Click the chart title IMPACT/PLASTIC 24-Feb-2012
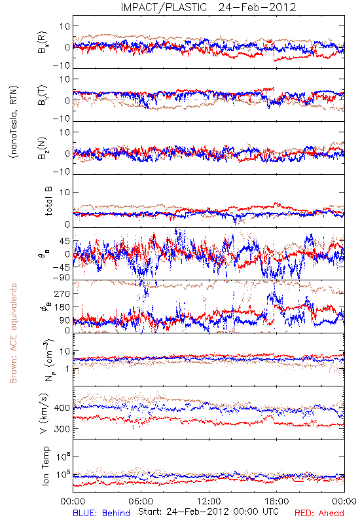click(208, 7)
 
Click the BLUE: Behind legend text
click(101, 513)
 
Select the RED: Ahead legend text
click(319, 513)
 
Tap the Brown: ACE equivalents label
click(13, 333)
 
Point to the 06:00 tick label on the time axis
click(141, 501)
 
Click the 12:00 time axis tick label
click(209, 501)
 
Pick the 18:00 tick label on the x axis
click(277, 501)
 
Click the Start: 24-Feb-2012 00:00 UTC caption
click(208, 512)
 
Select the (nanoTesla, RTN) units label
click(14, 122)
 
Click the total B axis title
click(48, 201)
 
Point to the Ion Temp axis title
click(45, 466)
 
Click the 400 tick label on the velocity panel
click(62, 407)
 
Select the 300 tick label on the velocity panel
click(62, 429)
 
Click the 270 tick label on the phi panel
click(62, 293)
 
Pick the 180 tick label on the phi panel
click(62, 307)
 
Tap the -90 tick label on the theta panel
click(62, 278)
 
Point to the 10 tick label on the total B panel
click(65, 192)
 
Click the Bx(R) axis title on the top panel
click(43, 43)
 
